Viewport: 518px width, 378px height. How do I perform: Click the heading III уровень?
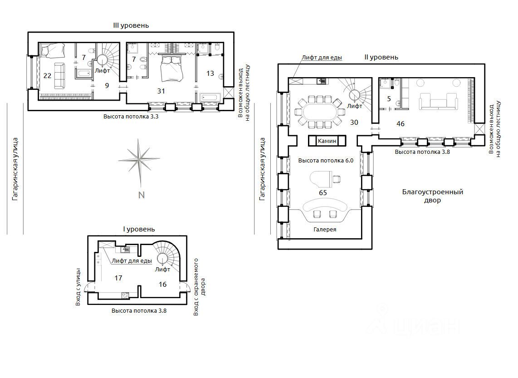(x=131, y=25)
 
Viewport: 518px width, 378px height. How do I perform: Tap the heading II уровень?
(x=381, y=57)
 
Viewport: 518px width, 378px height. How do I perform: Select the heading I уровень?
(x=139, y=229)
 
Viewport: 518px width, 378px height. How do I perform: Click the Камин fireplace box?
(x=327, y=141)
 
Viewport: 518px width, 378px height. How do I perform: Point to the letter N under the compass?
(x=142, y=195)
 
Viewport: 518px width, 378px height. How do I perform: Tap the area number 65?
(x=323, y=193)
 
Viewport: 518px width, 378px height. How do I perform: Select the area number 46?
(x=401, y=123)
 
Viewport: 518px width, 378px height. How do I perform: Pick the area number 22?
(x=47, y=76)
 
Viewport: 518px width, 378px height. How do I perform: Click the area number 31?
(x=161, y=91)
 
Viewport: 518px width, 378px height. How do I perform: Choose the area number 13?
(x=210, y=74)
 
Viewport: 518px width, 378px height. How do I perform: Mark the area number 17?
(x=118, y=278)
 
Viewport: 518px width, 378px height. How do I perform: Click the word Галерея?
(x=325, y=229)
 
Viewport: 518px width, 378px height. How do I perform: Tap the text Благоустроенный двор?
(x=432, y=196)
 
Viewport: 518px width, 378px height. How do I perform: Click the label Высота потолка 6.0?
(x=326, y=161)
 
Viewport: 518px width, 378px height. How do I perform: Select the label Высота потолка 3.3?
(x=131, y=116)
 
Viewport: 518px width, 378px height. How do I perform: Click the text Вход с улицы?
(x=78, y=286)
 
